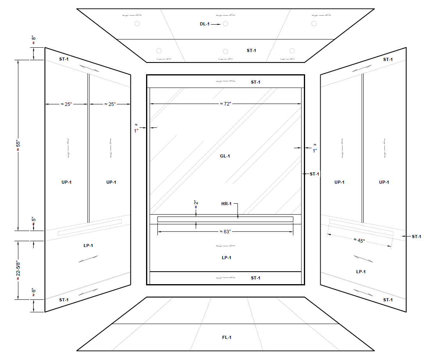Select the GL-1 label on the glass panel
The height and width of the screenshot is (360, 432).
pos(225,156)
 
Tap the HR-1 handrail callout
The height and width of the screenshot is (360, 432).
pos(227,204)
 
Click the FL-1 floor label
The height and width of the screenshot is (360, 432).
pos(227,337)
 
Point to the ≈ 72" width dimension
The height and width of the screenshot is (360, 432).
pos(225,104)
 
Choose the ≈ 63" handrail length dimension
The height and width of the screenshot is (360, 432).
pos(225,231)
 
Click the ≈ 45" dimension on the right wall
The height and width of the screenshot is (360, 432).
pos(359,240)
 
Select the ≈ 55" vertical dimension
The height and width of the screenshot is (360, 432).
pos(17,145)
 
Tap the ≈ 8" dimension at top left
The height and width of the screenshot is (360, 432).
pos(34,39)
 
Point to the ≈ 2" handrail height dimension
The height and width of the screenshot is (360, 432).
pos(196,203)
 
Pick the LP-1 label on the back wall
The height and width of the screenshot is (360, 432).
pos(227,258)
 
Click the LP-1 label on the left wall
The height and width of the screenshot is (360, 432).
pos(88,245)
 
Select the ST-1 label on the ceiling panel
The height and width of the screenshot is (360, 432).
pos(252,50)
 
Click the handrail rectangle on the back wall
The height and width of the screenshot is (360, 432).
pos(225,219)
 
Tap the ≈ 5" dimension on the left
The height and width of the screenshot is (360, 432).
pos(34,220)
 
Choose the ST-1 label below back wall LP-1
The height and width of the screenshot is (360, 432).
pos(255,278)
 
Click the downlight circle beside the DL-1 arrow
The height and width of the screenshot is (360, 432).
pos(225,24)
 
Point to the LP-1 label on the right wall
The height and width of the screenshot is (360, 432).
pos(361,271)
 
